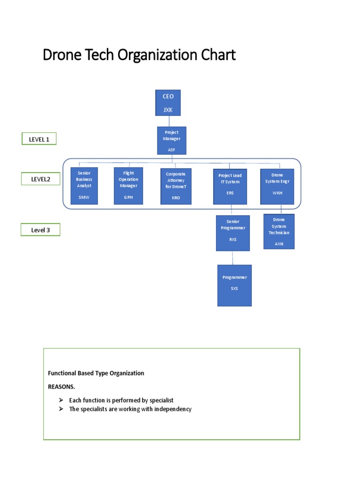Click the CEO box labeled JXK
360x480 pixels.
click(x=168, y=103)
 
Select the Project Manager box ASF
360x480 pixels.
click(x=171, y=140)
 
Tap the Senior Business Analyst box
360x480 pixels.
click(x=84, y=186)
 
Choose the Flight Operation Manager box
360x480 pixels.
click(x=128, y=186)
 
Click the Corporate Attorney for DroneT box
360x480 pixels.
click(x=176, y=187)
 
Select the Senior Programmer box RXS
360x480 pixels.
click(x=232, y=233)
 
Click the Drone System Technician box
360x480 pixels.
click(x=279, y=232)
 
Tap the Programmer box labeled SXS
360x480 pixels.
click(x=234, y=285)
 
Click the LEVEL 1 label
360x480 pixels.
click(x=39, y=139)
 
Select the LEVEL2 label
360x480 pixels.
click(x=40, y=179)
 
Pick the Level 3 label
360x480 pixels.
click(x=40, y=230)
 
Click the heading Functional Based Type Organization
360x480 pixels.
click(x=96, y=373)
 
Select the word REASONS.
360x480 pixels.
click(x=61, y=387)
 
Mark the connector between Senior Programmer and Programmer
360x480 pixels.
click(x=233, y=258)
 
